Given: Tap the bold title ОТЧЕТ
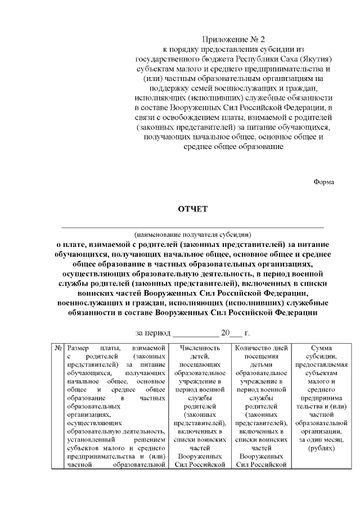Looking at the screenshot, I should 192,209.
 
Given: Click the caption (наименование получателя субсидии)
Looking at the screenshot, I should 192,234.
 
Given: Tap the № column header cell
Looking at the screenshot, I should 58,349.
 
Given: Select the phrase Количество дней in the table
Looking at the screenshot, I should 260,349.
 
